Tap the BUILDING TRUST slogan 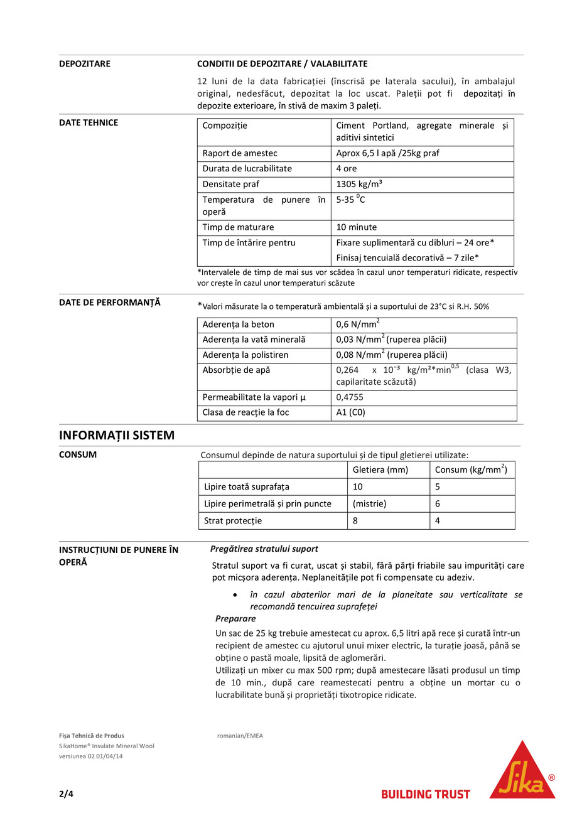pyautogui.click(x=425, y=794)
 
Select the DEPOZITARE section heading pyautogui.click(x=85, y=64)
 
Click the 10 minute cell pyautogui.click(x=357, y=227)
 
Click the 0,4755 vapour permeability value pyautogui.click(x=350, y=397)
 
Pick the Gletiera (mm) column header pyautogui.click(x=380, y=470)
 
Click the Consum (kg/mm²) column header pyautogui.click(x=470, y=470)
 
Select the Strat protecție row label pyautogui.click(x=233, y=520)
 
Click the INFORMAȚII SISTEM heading pyautogui.click(x=117, y=435)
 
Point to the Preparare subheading pyautogui.click(x=235, y=618)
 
